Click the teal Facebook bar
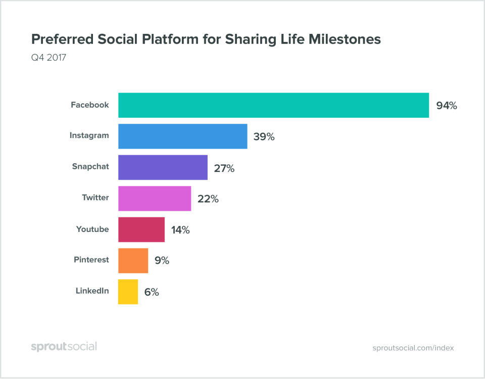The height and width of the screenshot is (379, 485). (273, 105)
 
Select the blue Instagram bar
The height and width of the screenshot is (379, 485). (182, 136)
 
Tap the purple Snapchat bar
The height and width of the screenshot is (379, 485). (163, 167)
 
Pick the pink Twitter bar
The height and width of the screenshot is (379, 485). (155, 199)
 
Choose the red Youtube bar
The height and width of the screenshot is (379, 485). (141, 230)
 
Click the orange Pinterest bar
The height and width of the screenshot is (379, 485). (133, 261)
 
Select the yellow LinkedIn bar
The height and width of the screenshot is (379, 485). (128, 292)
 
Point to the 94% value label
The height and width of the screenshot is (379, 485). (447, 106)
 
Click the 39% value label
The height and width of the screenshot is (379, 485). (264, 137)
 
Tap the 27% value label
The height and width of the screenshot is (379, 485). (224, 168)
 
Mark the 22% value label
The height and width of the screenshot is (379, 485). (208, 199)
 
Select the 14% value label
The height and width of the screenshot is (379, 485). (180, 230)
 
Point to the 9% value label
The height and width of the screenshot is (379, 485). (162, 261)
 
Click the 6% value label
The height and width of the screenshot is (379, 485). (152, 292)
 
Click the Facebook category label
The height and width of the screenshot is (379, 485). (89, 105)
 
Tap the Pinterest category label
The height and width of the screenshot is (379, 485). (91, 260)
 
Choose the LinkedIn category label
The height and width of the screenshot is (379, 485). (92, 291)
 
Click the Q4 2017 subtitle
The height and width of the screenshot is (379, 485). (48, 58)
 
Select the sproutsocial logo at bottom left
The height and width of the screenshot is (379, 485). (64, 347)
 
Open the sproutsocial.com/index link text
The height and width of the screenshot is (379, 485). (413, 348)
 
